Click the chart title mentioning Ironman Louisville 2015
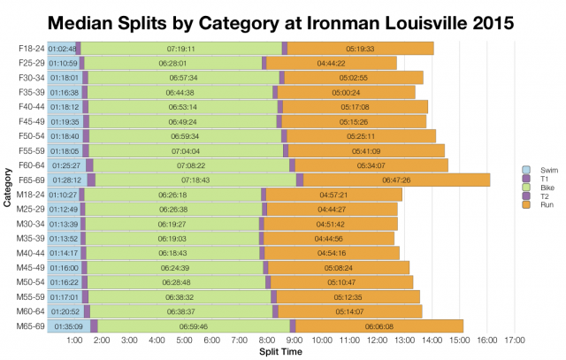pyautogui.click(x=283, y=20)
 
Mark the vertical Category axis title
pyautogui.click(x=7, y=188)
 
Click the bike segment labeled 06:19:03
pyautogui.click(x=172, y=238)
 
